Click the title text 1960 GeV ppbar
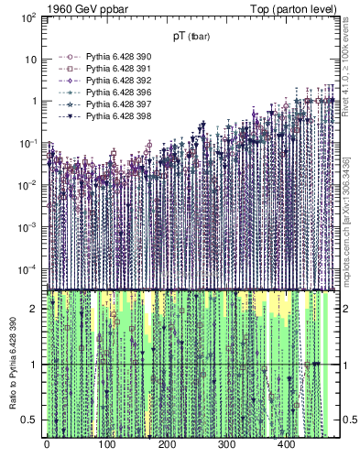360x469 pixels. tap(86, 9)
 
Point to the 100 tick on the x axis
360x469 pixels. tap(106, 446)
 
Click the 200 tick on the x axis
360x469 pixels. tap(166, 446)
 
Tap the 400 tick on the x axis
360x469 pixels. tap(286, 446)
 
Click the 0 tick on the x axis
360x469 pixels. tap(47, 446)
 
